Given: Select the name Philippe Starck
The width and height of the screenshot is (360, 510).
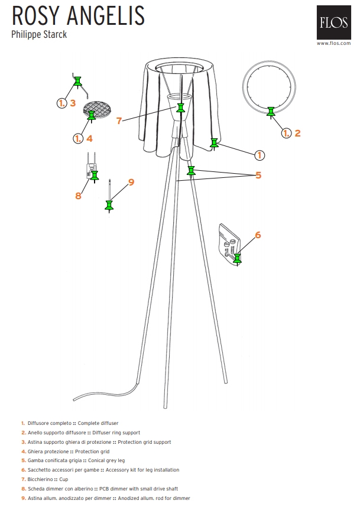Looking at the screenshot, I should (39, 34).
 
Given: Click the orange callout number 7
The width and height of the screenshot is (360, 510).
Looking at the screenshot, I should (119, 121).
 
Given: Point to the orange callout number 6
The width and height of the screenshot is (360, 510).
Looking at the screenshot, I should (258, 235).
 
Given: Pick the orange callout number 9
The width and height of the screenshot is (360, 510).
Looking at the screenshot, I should (131, 182).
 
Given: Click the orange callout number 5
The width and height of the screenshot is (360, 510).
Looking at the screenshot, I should (258, 176).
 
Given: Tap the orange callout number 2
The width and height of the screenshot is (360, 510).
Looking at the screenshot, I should (297, 133).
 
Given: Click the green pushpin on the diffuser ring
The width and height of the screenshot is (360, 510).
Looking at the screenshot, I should (271, 112).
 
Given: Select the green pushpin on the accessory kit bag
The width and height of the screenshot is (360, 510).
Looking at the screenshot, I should (237, 259).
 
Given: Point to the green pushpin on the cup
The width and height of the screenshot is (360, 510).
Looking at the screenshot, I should (181, 109).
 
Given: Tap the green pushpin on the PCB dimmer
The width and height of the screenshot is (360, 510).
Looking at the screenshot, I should (94, 176).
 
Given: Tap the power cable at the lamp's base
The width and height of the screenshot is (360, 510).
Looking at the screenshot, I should (106, 395).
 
